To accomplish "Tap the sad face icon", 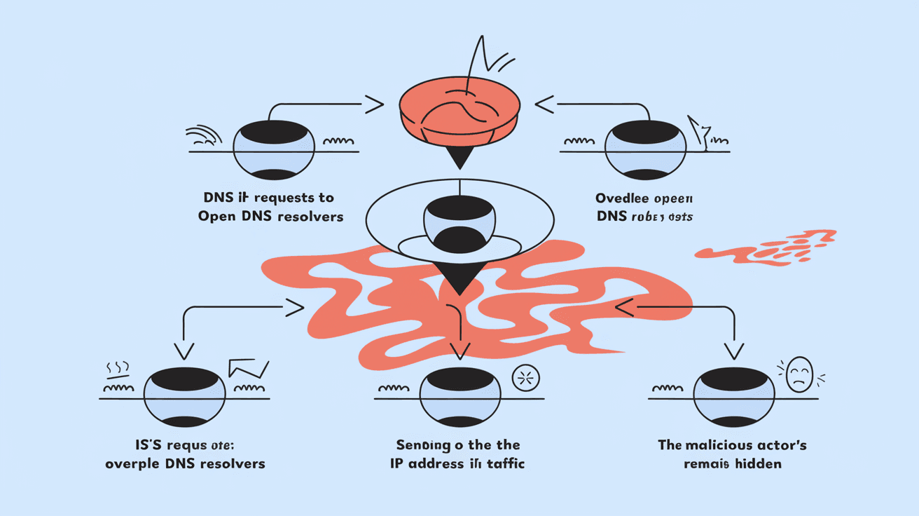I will pos(799,374).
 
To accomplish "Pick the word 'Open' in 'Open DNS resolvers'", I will pos(217,217).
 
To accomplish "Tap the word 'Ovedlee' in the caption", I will pos(623,198).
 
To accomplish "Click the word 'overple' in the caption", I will pos(129,463).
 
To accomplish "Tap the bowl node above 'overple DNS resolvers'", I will pos(185,397).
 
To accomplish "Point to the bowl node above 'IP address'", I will pos(459,397).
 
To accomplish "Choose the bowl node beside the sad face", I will pos(733,397).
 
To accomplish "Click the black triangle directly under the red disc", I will pos(459,159).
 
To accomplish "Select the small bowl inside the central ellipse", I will pos(459,223).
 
